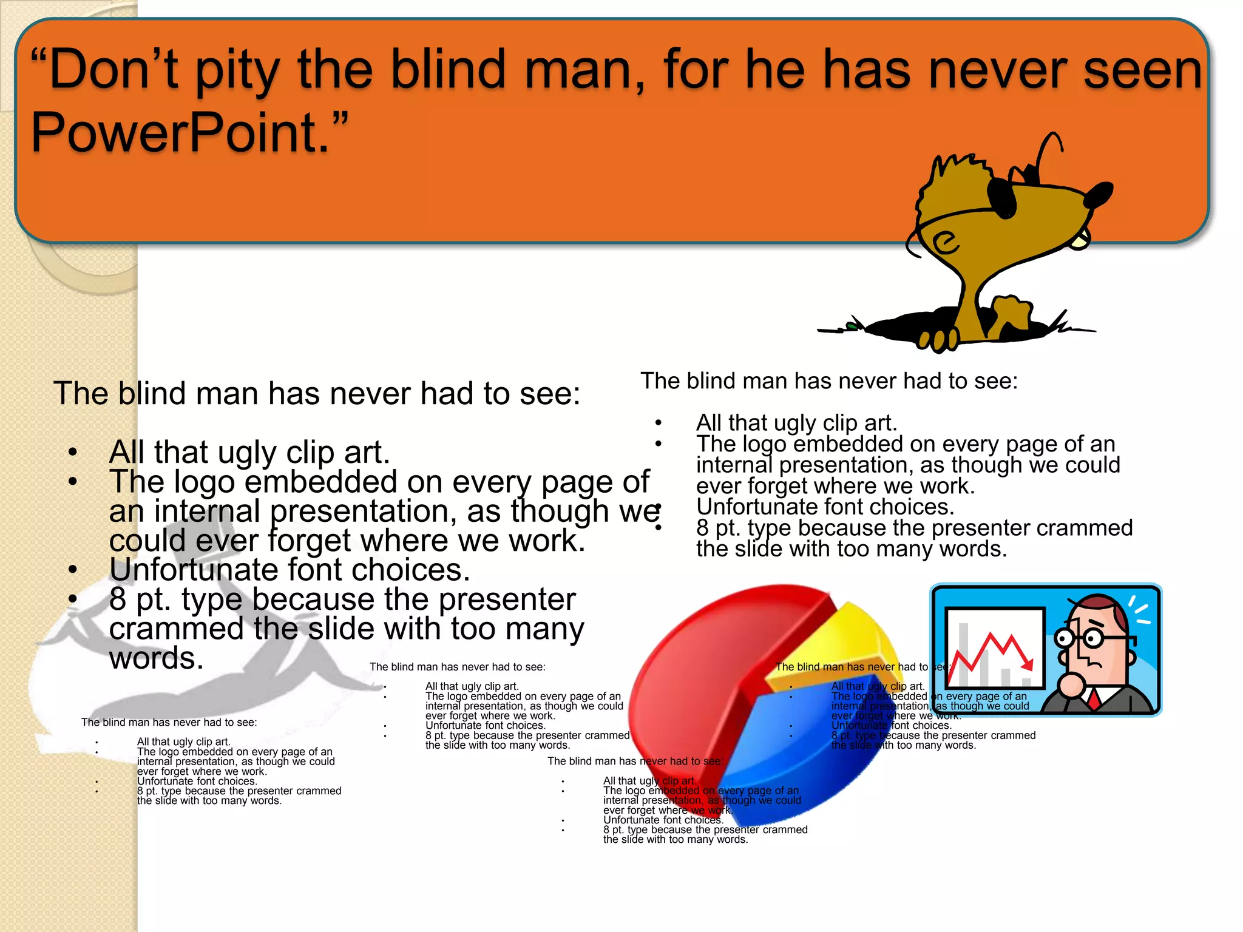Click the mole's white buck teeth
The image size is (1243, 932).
1079,241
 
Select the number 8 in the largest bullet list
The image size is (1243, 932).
118,599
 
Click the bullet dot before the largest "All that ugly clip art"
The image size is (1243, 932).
73,452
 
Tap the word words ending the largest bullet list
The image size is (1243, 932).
157,658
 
